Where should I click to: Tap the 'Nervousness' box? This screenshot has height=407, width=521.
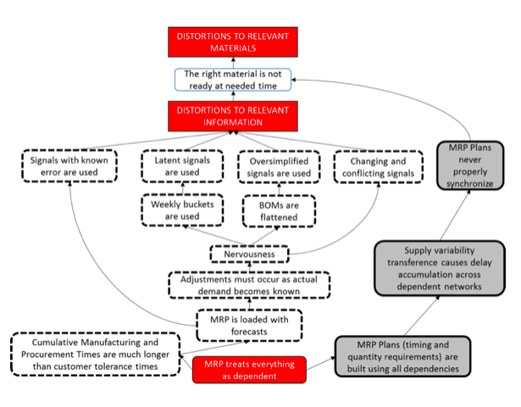click(248, 253)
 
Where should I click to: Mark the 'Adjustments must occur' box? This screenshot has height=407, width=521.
click(248, 285)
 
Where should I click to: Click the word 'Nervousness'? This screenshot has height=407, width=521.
click(248, 253)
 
